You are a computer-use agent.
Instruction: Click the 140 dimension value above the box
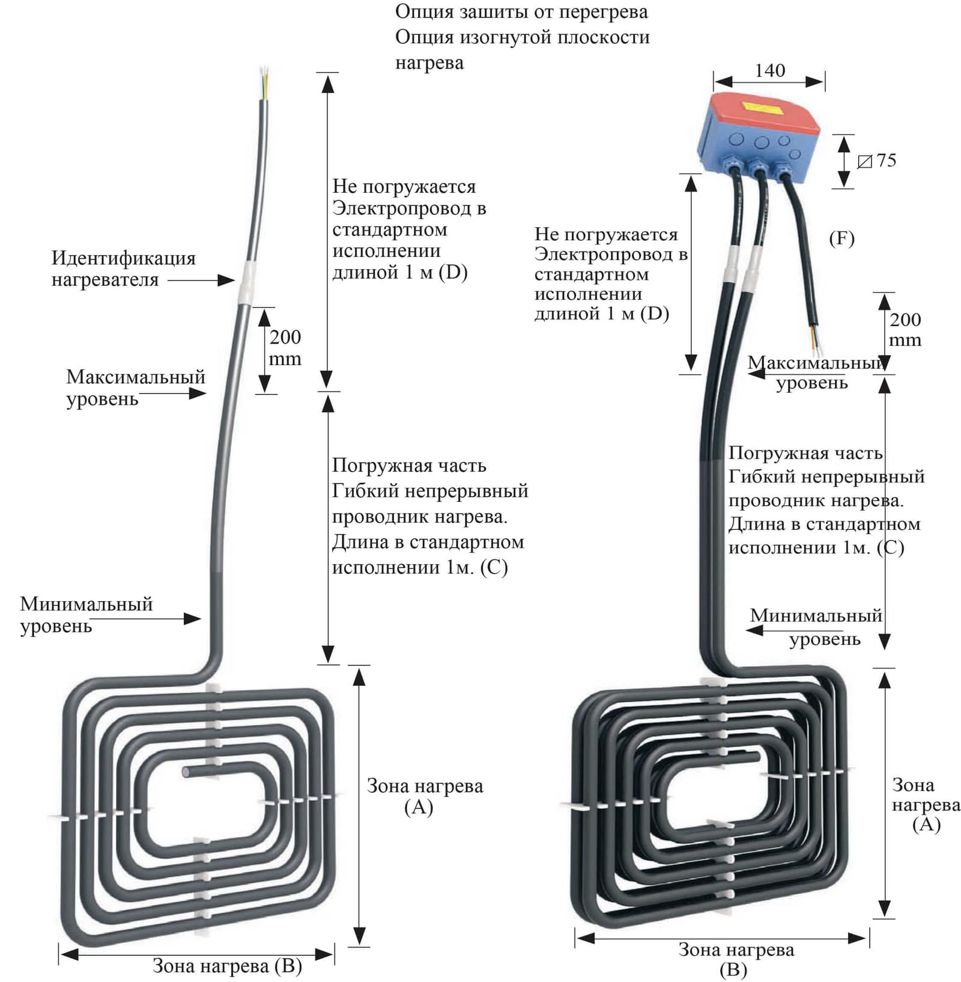pos(769,70)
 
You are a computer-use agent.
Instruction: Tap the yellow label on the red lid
pos(762,108)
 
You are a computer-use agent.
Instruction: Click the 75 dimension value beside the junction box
pos(886,160)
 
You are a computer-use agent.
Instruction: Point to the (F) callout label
pos(841,238)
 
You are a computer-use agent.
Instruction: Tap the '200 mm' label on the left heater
pos(285,348)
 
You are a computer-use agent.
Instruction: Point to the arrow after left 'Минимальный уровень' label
pos(174,619)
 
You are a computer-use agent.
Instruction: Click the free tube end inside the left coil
pos(187,772)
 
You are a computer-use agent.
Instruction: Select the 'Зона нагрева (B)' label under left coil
pos(227,966)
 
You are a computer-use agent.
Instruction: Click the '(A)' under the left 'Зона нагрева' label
pos(419,807)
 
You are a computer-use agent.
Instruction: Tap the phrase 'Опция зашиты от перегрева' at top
pos(521,11)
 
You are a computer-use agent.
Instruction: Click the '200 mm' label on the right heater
pos(905,330)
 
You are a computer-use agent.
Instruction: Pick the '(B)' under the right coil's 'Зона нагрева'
pos(733,969)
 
